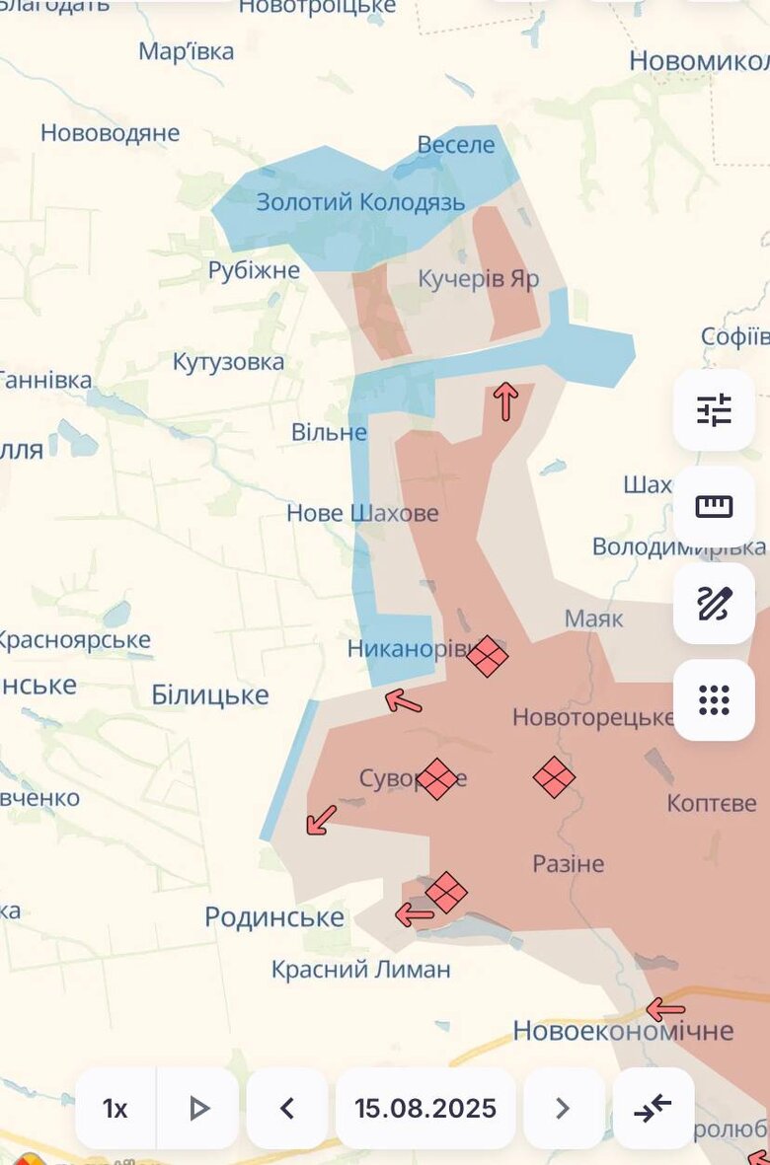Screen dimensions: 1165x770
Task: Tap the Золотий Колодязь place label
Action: click(x=360, y=202)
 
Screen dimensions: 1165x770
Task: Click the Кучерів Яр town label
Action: click(x=479, y=279)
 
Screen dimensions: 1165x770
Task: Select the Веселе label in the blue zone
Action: click(x=455, y=145)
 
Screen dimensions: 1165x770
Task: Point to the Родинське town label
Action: click(x=274, y=917)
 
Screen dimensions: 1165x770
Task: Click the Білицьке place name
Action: click(x=209, y=695)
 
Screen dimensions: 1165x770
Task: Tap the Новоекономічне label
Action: click(x=623, y=1031)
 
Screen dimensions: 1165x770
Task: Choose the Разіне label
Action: click(x=568, y=864)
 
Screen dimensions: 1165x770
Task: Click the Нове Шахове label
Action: click(x=362, y=513)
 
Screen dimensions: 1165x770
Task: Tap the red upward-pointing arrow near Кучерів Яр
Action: click(x=505, y=401)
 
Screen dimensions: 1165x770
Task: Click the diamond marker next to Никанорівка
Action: click(x=488, y=656)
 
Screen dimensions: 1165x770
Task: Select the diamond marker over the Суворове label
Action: click(x=437, y=779)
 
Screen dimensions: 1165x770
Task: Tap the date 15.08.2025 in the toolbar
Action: click(x=425, y=1108)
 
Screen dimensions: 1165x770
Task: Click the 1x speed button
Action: click(x=115, y=1108)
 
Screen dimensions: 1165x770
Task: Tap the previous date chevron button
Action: click(x=287, y=1108)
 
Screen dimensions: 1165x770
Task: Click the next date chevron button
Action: click(x=563, y=1108)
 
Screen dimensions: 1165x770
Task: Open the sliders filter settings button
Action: click(x=714, y=410)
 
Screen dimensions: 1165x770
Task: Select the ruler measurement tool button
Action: click(x=714, y=507)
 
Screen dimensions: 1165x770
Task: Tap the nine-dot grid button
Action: click(x=714, y=700)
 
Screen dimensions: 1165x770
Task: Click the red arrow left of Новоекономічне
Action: click(x=665, y=1009)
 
